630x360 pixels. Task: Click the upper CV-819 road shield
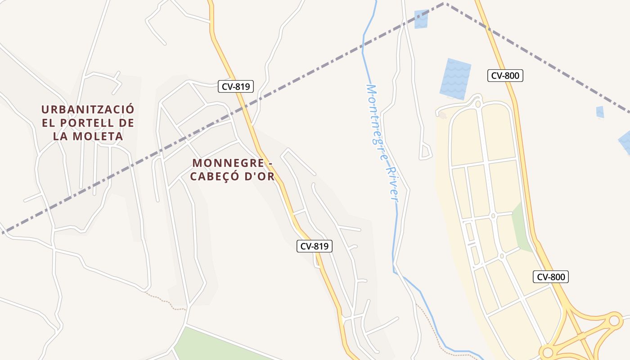click(x=236, y=86)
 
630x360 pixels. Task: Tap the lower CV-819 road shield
click(x=314, y=246)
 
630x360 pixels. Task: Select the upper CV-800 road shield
click(x=505, y=76)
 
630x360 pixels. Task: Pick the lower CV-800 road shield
click(x=550, y=277)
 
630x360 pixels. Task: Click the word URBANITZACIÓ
click(x=88, y=109)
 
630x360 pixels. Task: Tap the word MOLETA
click(x=96, y=136)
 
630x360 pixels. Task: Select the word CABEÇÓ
click(x=215, y=176)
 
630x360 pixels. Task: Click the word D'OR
click(x=259, y=176)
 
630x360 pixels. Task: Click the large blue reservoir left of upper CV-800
click(x=455, y=79)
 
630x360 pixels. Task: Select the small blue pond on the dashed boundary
click(x=421, y=19)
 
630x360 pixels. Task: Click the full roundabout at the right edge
click(x=614, y=321)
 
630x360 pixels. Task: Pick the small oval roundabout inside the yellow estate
click(x=493, y=216)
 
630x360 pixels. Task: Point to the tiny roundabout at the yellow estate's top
click(x=478, y=104)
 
